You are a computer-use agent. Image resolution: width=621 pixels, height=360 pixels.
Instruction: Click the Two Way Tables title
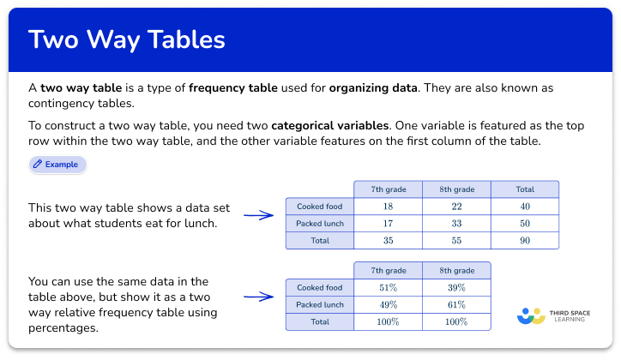point(127,39)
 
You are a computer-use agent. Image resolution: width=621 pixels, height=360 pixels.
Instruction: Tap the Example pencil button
point(57,164)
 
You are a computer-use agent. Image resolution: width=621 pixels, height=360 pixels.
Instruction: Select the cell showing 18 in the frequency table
point(388,207)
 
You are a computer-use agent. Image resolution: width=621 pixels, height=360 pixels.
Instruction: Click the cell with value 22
point(456,207)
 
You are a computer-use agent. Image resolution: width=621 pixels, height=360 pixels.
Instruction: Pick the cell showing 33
point(456,224)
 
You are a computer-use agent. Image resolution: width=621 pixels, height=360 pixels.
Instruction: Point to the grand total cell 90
point(525,241)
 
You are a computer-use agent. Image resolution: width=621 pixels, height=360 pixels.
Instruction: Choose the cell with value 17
point(388,224)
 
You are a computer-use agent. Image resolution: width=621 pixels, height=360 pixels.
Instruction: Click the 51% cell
point(388,288)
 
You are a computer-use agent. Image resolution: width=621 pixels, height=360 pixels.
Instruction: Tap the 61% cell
point(456,305)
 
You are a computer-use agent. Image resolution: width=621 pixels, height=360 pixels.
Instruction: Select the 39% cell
point(456,288)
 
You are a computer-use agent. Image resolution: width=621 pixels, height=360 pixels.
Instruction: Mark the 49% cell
point(388,305)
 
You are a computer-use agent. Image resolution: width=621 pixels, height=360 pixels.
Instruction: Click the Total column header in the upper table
point(525,189)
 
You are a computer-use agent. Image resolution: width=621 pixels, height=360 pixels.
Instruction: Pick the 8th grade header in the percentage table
point(456,271)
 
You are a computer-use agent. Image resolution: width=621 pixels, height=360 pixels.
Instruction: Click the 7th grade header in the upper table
point(388,189)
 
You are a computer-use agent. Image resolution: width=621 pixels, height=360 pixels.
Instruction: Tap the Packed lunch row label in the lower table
point(319,305)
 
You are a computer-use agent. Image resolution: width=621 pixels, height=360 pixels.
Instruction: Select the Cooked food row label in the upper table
point(319,207)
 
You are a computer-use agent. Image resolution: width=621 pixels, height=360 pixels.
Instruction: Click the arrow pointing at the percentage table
point(258,297)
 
